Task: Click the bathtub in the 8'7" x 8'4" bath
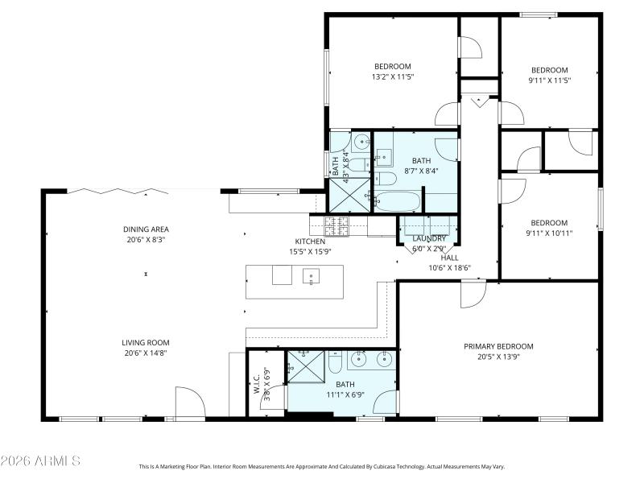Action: point(398,201)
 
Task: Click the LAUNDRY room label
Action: point(429,239)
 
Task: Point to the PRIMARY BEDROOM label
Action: point(498,346)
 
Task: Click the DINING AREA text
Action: point(146,229)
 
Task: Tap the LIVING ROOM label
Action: point(146,342)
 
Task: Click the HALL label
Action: point(449,258)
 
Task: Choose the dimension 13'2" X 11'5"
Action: point(392,77)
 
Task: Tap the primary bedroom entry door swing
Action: point(472,295)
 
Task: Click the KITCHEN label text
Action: point(310,242)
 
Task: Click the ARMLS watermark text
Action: point(40,461)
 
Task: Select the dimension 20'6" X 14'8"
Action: point(146,353)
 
